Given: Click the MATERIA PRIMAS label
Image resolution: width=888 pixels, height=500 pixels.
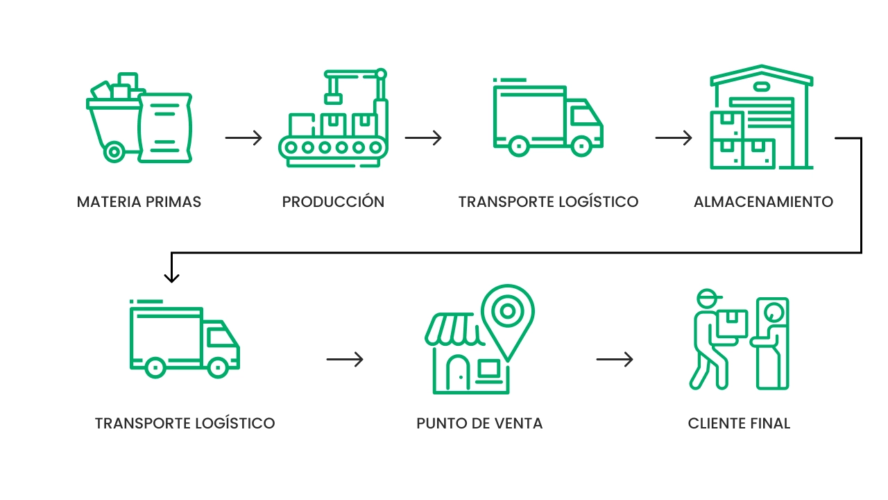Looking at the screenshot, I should click(x=139, y=202).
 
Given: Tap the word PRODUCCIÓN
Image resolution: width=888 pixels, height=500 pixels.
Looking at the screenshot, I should click(x=333, y=202).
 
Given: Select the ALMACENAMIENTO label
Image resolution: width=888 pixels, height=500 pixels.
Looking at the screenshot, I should click(x=763, y=202).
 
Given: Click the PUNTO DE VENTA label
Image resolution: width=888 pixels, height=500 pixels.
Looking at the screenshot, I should click(x=479, y=423).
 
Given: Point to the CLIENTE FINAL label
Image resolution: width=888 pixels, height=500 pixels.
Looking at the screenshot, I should click(x=739, y=423).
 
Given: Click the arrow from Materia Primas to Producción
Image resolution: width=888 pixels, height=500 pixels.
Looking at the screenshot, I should click(x=244, y=137).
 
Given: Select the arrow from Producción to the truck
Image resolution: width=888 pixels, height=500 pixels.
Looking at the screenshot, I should click(x=423, y=137).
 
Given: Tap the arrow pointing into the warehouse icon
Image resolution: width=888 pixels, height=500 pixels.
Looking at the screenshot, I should click(x=674, y=137).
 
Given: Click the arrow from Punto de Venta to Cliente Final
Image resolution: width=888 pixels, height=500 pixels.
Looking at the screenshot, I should click(x=615, y=360).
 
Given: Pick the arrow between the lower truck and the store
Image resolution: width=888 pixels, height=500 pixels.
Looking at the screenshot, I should click(x=345, y=360).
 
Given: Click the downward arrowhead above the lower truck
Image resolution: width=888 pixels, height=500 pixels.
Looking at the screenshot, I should click(x=171, y=276).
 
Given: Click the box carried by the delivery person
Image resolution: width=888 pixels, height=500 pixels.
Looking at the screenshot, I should click(x=732, y=324).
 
